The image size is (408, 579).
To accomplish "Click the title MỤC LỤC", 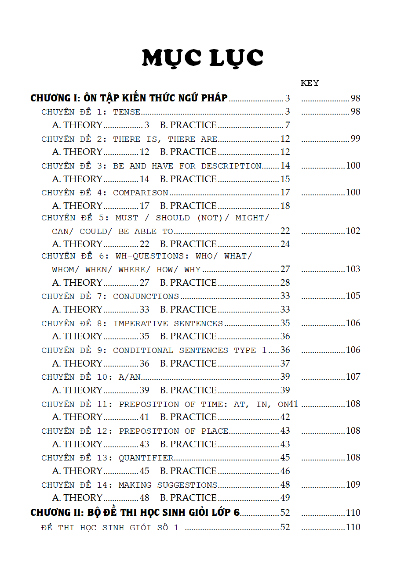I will [x=203, y=58].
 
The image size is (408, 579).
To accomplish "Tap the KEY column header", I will [x=310, y=83].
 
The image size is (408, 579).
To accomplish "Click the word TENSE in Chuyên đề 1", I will [x=127, y=112].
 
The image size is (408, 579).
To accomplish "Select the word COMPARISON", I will [x=141, y=193].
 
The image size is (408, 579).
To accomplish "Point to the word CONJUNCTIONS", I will [x=146, y=297].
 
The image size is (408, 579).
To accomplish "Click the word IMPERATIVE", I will [x=141, y=324].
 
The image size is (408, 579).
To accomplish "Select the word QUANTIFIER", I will [x=146, y=458].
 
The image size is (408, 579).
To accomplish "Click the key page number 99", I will [x=355, y=139].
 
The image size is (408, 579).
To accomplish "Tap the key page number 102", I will [x=353, y=231].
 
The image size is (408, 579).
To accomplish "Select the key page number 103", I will [x=353, y=269].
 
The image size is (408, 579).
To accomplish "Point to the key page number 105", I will [x=353, y=296].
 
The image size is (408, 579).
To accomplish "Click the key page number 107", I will [x=353, y=377].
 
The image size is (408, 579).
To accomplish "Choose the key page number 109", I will [x=353, y=485].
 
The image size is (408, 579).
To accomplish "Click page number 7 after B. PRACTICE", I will [x=288, y=125].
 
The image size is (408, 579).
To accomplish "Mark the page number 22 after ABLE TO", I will [x=285, y=231].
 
